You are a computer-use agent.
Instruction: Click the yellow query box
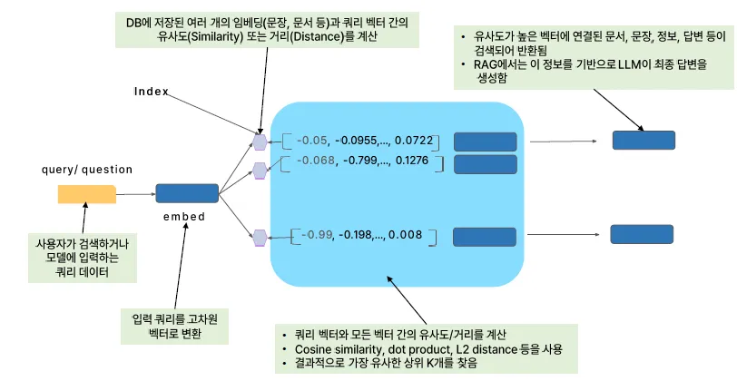(86, 193)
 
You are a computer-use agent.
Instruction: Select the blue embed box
(187, 193)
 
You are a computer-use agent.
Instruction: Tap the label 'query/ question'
(87, 170)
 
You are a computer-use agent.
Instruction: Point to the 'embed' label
(185, 217)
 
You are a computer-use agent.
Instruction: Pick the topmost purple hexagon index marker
(260, 142)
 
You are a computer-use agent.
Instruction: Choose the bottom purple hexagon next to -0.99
(260, 238)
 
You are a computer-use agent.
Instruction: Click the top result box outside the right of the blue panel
(644, 140)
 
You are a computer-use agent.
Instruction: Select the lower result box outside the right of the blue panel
(641, 234)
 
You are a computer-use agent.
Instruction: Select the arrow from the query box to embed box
(135, 193)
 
